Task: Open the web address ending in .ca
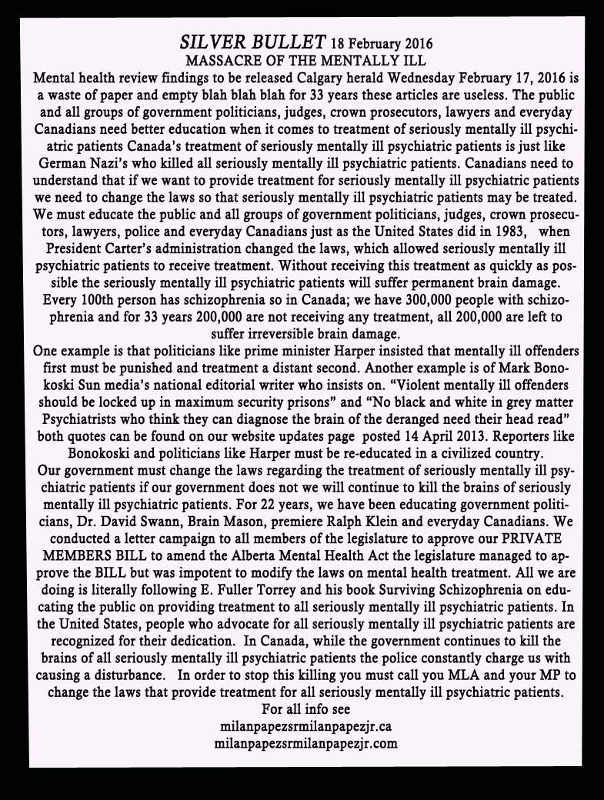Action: (x=306, y=725)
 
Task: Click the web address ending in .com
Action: (x=306, y=743)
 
